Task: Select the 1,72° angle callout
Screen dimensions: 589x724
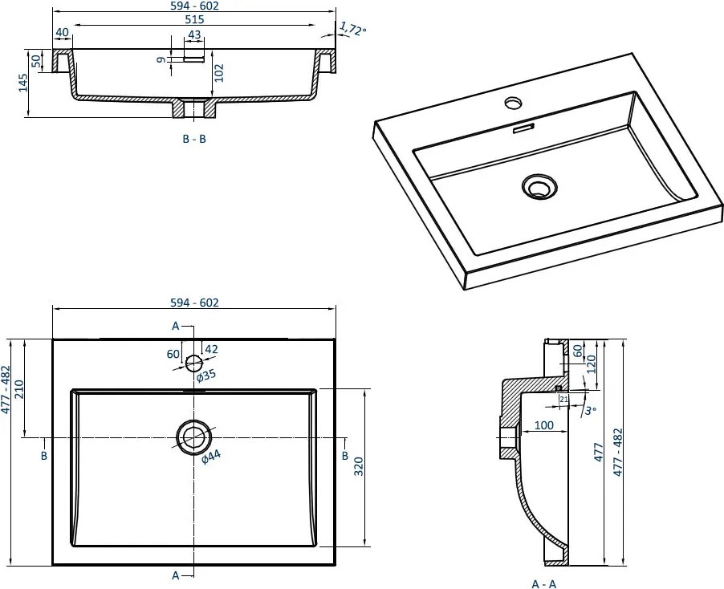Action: tap(352, 30)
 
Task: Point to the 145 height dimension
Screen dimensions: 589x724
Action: tap(23, 83)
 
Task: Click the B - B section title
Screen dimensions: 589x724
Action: tap(194, 139)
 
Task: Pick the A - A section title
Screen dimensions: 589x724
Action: tap(543, 583)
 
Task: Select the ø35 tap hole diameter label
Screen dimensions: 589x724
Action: tap(207, 376)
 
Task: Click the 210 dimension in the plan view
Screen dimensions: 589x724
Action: tap(30, 388)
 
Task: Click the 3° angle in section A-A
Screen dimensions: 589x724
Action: tap(591, 411)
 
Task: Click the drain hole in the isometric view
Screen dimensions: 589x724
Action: tap(537, 187)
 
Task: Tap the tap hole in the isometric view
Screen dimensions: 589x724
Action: tap(512, 103)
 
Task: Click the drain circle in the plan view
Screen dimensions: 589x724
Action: tap(193, 437)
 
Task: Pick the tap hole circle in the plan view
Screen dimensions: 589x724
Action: tap(193, 362)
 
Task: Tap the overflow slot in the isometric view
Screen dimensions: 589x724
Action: tap(523, 128)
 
